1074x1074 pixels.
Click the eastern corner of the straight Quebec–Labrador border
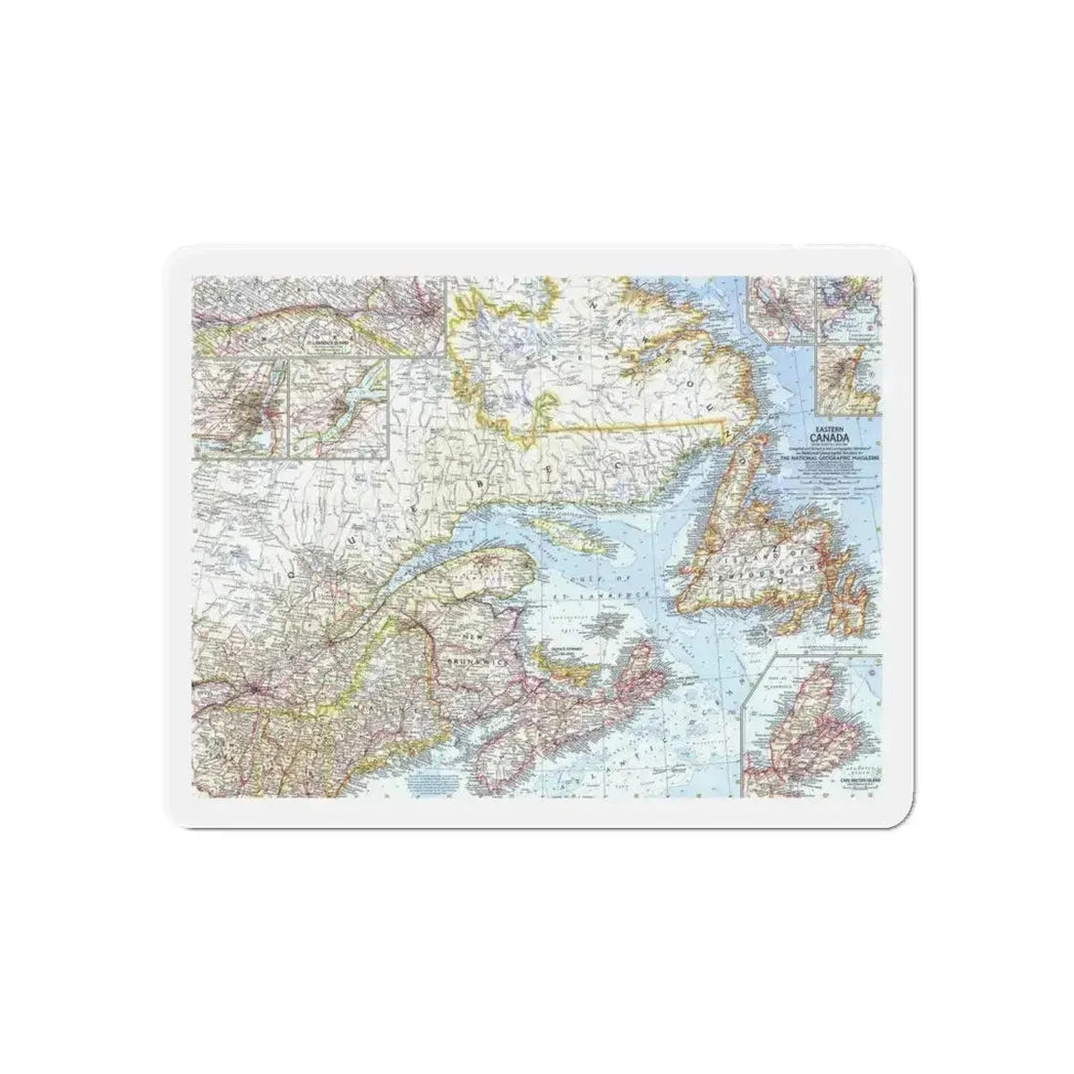tap(723, 419)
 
